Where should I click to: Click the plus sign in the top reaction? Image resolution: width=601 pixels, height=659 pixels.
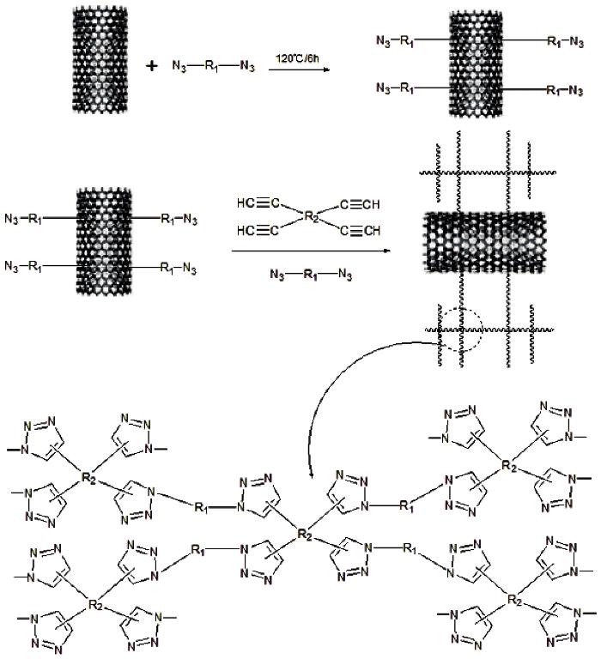(151, 65)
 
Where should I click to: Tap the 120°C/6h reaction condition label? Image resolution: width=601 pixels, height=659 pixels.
(297, 58)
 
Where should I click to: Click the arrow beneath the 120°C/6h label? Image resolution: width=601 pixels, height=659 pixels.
(299, 70)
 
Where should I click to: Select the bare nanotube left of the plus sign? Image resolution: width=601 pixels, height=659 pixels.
(100, 60)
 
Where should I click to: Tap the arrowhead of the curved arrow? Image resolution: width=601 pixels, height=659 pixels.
(311, 474)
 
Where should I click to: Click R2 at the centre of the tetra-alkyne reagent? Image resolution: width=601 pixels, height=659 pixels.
(311, 217)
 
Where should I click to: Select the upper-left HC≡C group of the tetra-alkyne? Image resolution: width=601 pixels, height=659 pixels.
(258, 203)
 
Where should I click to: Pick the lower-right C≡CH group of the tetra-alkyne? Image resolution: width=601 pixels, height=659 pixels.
(360, 230)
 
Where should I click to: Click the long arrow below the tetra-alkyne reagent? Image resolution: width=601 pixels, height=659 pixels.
(311, 251)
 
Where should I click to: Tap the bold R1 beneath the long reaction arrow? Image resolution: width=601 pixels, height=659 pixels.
(311, 275)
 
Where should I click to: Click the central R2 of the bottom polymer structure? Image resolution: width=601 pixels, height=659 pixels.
(305, 535)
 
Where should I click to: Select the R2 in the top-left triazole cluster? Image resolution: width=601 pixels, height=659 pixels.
(88, 479)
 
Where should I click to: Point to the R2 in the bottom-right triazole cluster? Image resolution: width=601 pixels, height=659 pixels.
(515, 600)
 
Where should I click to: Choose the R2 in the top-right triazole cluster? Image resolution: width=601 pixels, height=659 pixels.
(509, 466)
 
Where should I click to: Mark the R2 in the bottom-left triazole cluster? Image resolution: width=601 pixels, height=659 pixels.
(96, 605)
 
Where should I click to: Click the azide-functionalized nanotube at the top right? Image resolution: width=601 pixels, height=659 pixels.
(477, 63)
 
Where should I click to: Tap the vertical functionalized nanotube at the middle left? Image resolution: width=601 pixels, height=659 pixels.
(104, 241)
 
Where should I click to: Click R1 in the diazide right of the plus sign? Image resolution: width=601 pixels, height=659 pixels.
(211, 66)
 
